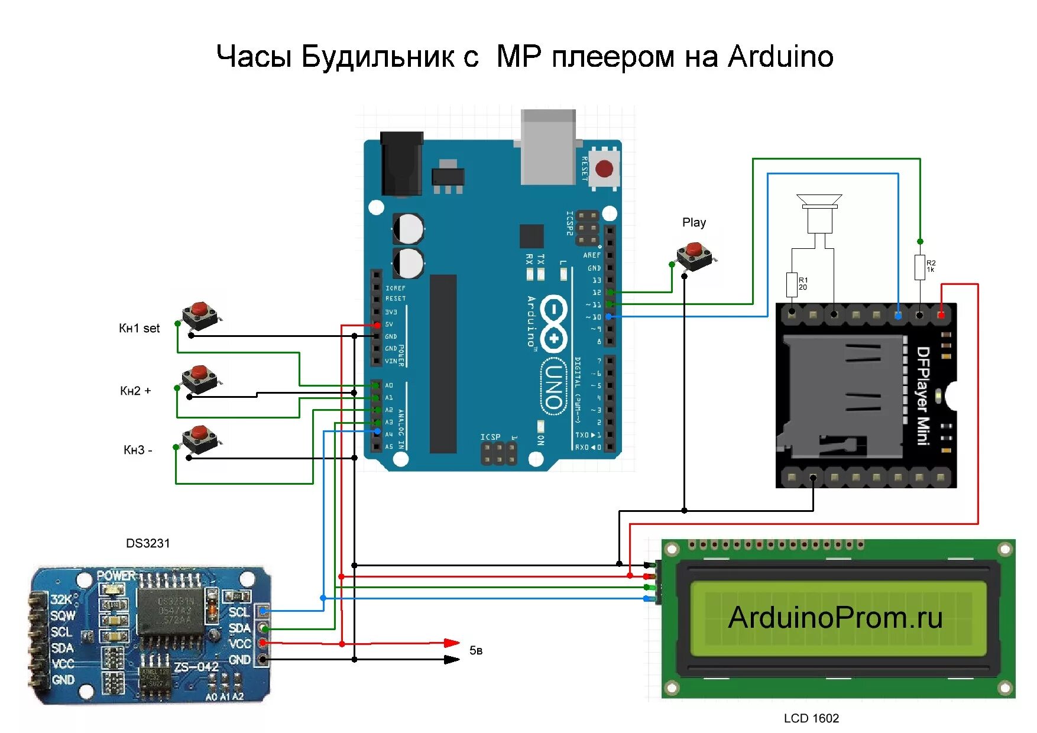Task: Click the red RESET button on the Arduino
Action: [x=604, y=168]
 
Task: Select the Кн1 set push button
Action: [x=200, y=314]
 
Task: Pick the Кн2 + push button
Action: [x=199, y=378]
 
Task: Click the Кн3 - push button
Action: [x=200, y=438]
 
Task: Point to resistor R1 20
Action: [x=792, y=284]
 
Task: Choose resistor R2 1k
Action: [x=919, y=267]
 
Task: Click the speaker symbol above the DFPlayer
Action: [x=819, y=213]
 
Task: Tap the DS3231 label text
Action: [x=148, y=543]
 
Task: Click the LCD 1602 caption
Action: [x=811, y=718]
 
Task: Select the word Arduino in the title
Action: [x=780, y=57]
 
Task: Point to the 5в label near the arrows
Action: [x=476, y=651]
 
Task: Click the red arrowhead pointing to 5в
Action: [x=452, y=643]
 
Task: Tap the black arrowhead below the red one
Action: [x=452, y=659]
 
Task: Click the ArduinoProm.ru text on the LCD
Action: [x=835, y=618]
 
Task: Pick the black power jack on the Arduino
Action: [x=401, y=163]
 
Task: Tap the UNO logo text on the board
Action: [x=553, y=387]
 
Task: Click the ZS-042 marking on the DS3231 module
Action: [x=196, y=667]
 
